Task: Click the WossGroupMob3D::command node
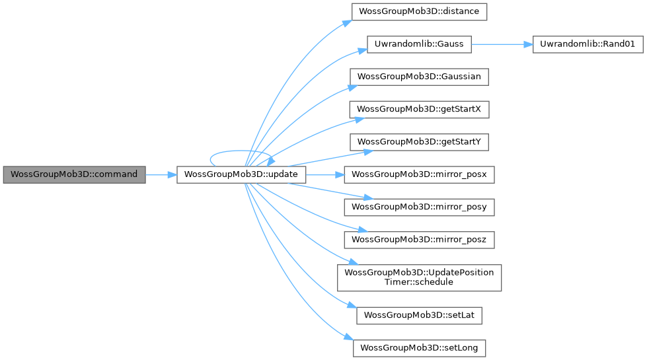click(x=73, y=175)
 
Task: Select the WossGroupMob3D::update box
click(x=241, y=175)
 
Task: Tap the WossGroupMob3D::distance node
click(x=419, y=11)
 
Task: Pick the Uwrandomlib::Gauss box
click(x=419, y=44)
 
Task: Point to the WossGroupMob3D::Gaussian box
click(x=419, y=77)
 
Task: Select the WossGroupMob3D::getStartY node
click(x=419, y=142)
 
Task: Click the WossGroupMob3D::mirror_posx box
click(x=419, y=175)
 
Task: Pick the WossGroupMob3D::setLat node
click(x=419, y=316)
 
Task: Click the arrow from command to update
click(x=161, y=175)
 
